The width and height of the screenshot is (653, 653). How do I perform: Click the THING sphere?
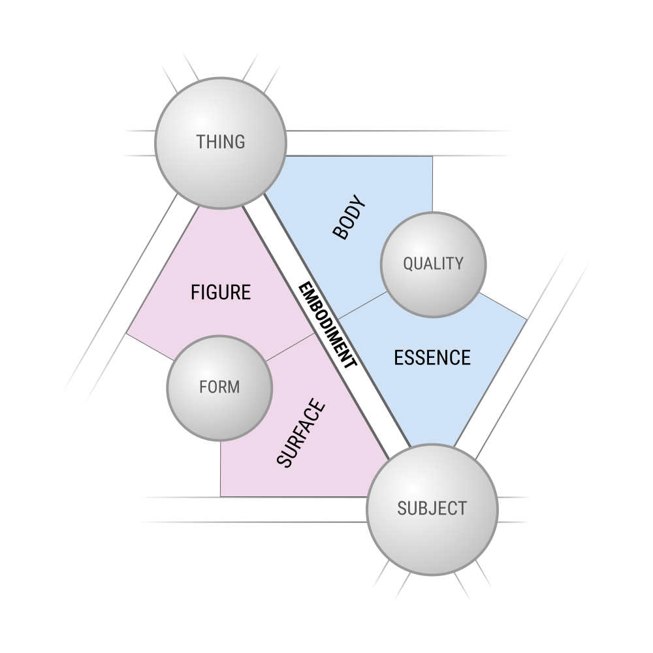pos(221,143)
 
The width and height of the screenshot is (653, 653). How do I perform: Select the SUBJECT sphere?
pos(432,510)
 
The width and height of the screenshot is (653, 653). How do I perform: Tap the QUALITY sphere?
pos(433,264)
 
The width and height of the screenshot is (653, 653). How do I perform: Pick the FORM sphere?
pos(219,388)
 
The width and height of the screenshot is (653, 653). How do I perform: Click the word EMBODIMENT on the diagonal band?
pos(328,325)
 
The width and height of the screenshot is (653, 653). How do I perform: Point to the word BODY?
pos(350,217)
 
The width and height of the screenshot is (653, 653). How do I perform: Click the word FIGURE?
pos(221,293)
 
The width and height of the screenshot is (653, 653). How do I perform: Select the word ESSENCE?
pos(432,358)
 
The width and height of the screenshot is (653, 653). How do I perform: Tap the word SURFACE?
pos(300,434)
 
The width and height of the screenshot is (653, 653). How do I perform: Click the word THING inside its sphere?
pos(221,142)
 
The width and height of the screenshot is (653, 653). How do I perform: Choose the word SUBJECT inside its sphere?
pos(432,509)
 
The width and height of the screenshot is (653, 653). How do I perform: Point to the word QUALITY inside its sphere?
pos(433,264)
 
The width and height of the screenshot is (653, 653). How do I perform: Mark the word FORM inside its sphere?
pos(219,387)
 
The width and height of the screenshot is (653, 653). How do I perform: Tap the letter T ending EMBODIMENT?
pos(351,362)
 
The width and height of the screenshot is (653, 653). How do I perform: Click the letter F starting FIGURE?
pos(195,293)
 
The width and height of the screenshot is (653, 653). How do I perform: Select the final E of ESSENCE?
pos(466,358)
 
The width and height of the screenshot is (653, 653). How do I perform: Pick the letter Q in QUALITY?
pos(407,264)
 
